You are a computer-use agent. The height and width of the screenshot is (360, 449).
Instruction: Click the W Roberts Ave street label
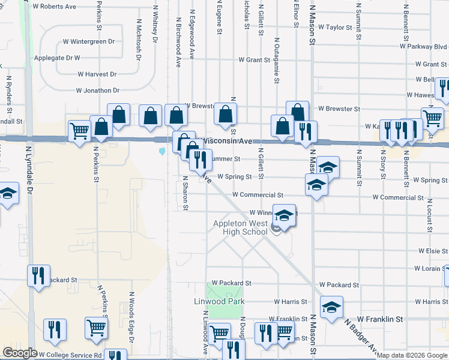(54, 7)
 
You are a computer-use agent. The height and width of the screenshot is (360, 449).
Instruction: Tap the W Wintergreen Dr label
(88, 42)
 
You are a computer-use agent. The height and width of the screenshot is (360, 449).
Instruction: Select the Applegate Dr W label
(60, 58)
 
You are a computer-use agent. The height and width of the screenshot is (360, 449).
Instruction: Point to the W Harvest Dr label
(97, 74)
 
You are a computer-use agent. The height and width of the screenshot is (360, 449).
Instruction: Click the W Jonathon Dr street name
(97, 91)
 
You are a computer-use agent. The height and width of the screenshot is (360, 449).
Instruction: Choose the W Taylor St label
(335, 28)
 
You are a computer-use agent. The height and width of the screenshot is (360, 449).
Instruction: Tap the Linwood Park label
(218, 301)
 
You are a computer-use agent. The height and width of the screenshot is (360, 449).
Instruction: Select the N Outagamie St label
(277, 64)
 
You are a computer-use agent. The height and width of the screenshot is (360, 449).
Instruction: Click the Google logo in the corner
(20, 353)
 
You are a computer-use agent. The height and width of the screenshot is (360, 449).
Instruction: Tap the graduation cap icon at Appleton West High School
(285, 215)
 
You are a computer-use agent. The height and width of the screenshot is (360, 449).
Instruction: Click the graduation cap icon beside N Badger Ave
(331, 307)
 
